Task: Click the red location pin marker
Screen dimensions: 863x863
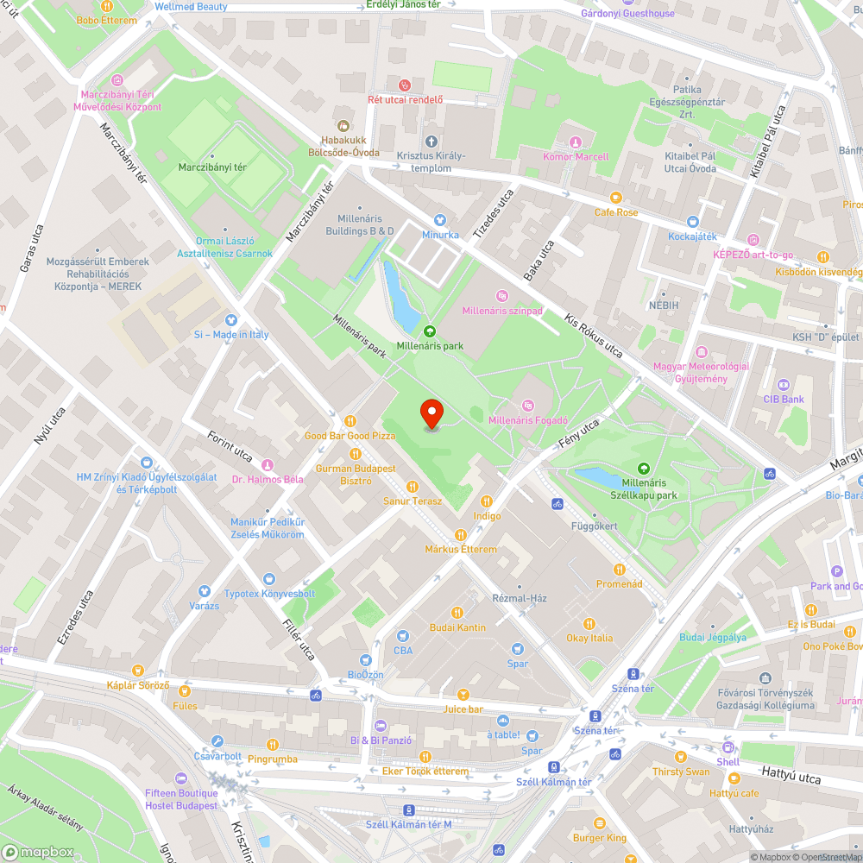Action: pos(431,413)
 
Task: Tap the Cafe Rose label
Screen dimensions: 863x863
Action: pos(616,212)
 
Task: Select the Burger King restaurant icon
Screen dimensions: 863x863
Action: pos(599,822)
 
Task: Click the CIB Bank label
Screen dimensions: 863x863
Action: pos(784,399)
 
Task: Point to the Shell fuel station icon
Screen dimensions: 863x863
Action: pos(728,747)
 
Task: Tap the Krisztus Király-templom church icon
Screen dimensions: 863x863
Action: pos(431,141)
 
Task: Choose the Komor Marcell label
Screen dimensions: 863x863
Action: pos(576,157)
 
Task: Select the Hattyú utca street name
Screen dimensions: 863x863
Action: pos(791,773)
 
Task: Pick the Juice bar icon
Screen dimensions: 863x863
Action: pos(463,695)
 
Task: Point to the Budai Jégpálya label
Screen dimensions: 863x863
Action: pos(713,637)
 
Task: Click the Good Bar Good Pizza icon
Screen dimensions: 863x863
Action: pos(350,421)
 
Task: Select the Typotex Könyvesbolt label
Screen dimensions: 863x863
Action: pos(269,594)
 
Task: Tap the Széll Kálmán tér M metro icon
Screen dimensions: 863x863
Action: pos(409,810)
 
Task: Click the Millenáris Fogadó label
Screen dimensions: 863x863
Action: pos(528,420)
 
